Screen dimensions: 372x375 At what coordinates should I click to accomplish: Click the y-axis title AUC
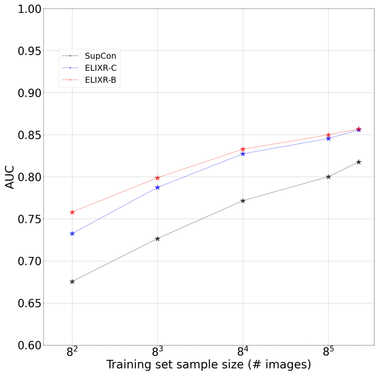(10, 177)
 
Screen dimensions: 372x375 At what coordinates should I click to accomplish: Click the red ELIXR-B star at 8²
(72, 212)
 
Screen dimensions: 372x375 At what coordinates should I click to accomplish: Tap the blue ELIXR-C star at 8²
(72, 233)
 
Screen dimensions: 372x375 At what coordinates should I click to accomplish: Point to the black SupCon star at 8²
(72, 282)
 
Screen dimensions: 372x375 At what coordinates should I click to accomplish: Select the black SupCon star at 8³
(157, 239)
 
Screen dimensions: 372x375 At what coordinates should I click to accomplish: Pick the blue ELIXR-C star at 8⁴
(243, 154)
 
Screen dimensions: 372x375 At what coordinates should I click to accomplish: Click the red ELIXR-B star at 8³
(157, 178)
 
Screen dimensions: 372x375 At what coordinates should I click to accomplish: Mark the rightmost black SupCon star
(359, 162)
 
